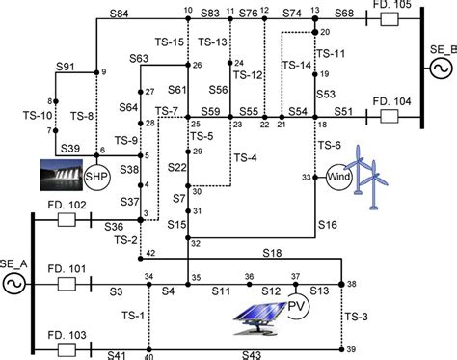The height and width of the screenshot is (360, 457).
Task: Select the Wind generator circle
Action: [335, 179]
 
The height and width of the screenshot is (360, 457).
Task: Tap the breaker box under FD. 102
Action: [67, 221]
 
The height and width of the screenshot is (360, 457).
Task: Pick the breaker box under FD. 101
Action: [67, 285]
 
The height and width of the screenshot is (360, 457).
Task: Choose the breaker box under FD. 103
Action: [67, 348]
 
